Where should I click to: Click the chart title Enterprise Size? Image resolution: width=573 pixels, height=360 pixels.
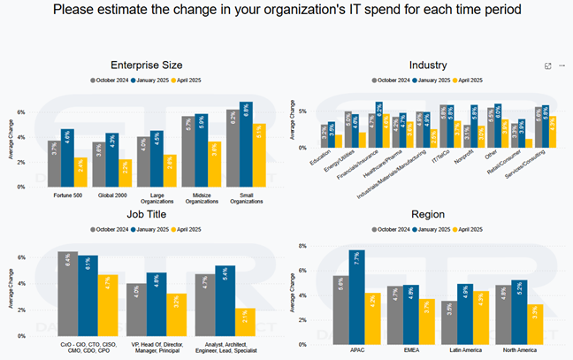(147, 65)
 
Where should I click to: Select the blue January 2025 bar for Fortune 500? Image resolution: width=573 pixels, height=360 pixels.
(67, 159)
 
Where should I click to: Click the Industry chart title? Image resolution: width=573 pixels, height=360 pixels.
(428, 65)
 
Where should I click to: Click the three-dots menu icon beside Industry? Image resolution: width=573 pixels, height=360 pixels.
(562, 65)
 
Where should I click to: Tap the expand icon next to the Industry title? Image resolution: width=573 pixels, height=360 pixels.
(548, 65)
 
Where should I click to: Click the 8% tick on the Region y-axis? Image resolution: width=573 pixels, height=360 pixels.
(302, 245)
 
